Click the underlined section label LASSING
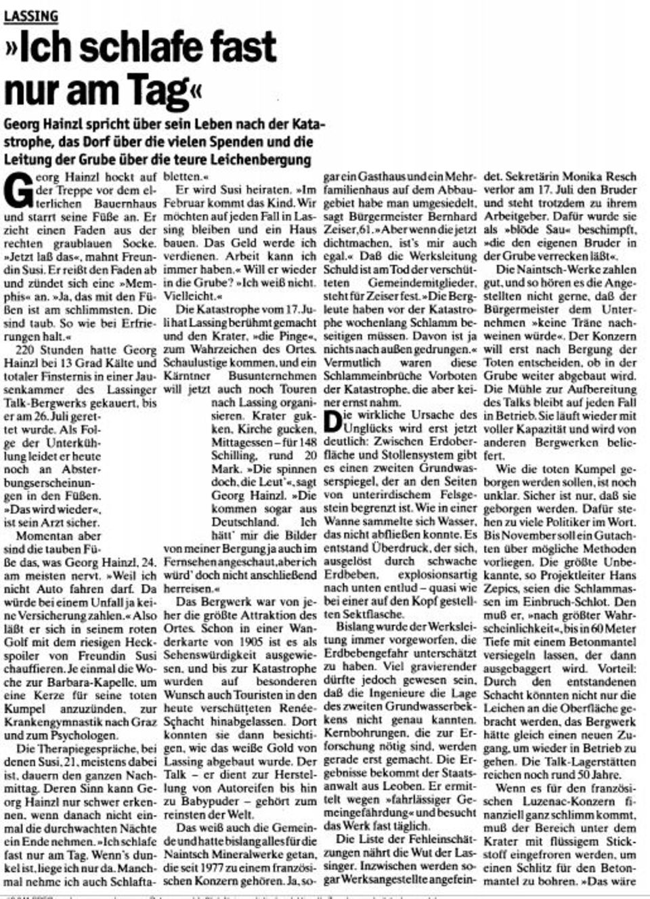pyautogui.click(x=30, y=15)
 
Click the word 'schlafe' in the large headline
pyautogui.click(x=142, y=48)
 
